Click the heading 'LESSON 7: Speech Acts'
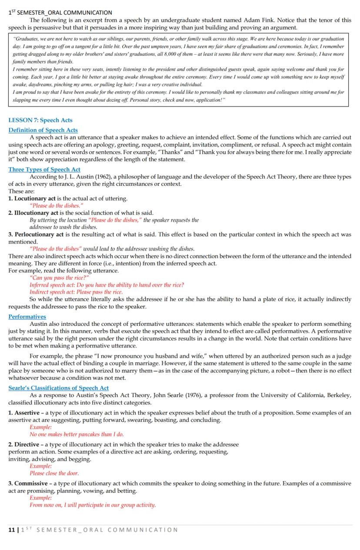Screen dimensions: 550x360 (40, 120)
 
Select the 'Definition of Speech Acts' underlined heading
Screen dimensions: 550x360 (43, 130)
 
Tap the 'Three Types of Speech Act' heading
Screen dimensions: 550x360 (44, 169)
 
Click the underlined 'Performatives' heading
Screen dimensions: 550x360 (27, 317)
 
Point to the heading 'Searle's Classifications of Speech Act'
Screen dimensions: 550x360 (59, 388)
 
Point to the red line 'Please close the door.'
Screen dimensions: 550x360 (54, 473)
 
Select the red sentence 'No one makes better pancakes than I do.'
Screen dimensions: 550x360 (77, 434)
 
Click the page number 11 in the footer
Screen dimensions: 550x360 (11, 530)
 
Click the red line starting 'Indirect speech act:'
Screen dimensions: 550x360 (76, 292)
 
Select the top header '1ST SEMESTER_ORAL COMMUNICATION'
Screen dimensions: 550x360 (60, 13)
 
